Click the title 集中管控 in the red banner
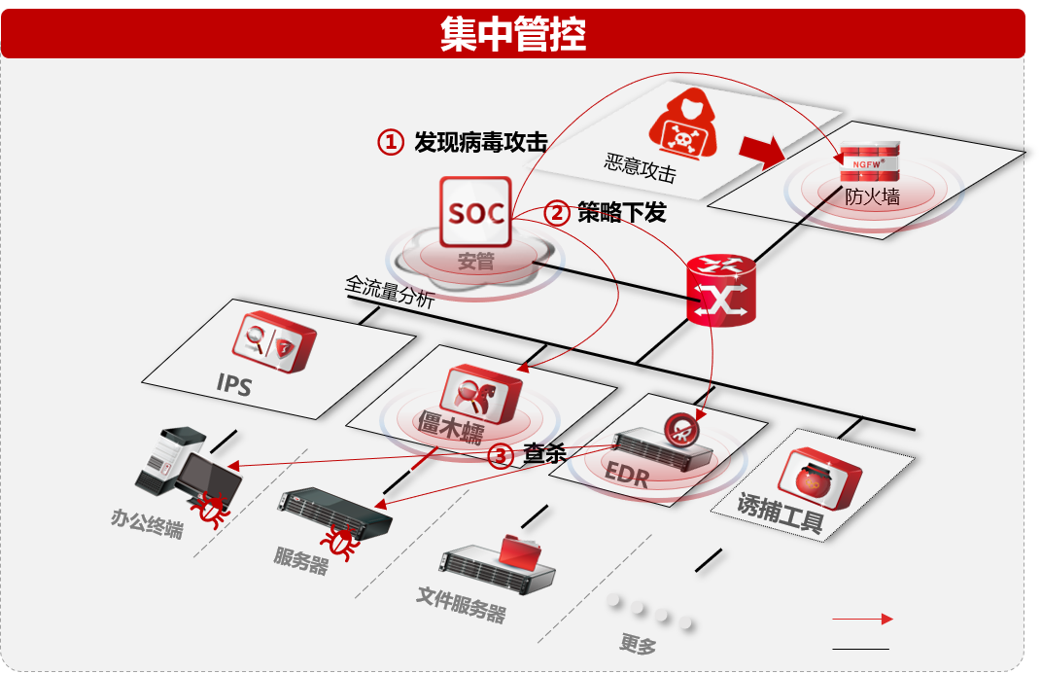click(x=512, y=35)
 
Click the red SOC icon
click(x=475, y=211)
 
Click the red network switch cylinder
click(x=721, y=291)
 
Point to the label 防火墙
click(x=871, y=197)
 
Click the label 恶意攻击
click(x=639, y=166)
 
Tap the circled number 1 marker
click(x=390, y=142)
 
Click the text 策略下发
click(x=621, y=212)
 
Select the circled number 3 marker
click(x=500, y=456)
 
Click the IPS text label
click(x=233, y=385)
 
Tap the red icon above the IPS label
click(x=274, y=341)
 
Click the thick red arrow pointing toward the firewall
click(x=760, y=149)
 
